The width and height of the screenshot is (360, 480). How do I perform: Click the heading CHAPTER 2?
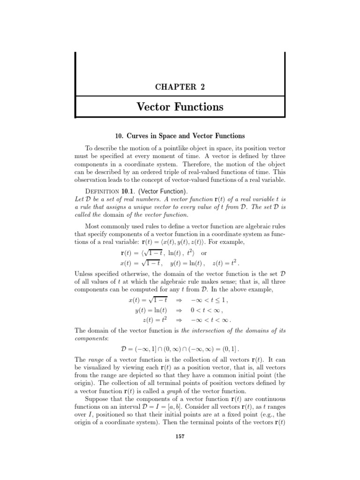[x=180, y=87]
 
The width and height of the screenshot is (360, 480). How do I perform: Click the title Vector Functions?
[x=180, y=107]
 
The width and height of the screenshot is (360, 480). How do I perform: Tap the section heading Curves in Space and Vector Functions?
[x=180, y=136]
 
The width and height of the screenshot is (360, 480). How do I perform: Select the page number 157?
[x=180, y=436]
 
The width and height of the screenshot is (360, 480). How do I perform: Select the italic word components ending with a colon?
[x=91, y=338]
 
